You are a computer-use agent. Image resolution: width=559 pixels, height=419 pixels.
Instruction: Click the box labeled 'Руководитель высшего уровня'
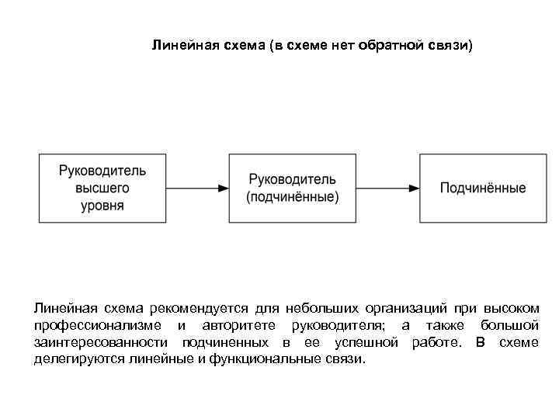click(102, 188)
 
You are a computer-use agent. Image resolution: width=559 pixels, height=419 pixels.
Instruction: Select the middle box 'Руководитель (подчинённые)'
click(292, 188)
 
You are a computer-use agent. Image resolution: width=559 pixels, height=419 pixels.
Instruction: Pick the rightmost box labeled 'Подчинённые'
click(482, 188)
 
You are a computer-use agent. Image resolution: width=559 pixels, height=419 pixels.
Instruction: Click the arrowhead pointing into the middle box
click(223, 188)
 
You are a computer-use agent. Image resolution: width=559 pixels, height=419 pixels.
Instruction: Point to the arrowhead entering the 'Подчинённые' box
click(415, 188)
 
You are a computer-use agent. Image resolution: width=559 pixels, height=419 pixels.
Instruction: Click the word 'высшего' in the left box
click(102, 188)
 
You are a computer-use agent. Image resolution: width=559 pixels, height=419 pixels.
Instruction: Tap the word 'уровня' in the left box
click(102, 206)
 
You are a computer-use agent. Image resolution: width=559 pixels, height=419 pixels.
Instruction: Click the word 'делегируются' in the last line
click(78, 360)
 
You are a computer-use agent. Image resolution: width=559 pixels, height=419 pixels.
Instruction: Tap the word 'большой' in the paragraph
click(509, 325)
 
